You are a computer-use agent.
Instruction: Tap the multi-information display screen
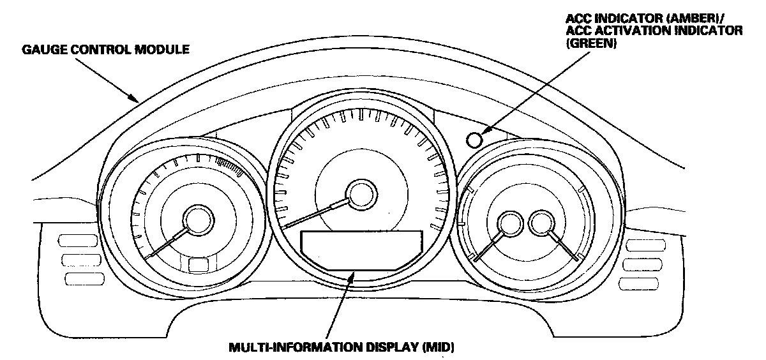(x=361, y=250)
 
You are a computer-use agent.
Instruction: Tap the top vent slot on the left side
(x=75, y=241)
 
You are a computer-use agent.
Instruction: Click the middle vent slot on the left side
(x=76, y=259)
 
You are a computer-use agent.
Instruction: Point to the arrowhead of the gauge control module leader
(x=133, y=98)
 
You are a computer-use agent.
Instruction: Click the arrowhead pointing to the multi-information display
(x=352, y=276)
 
